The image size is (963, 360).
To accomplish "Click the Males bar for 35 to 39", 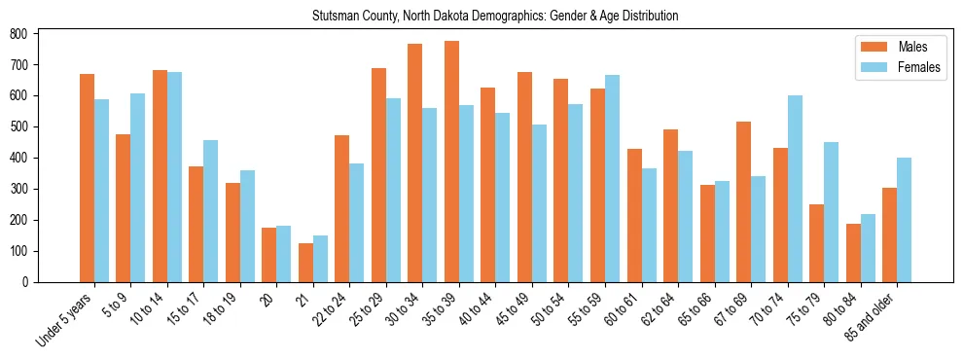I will (x=451, y=162).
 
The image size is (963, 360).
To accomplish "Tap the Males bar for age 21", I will (x=305, y=263).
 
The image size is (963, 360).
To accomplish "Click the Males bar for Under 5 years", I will (x=87, y=178).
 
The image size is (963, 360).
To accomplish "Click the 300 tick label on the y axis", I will (x=18, y=189).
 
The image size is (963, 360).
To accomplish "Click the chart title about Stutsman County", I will (x=495, y=17).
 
